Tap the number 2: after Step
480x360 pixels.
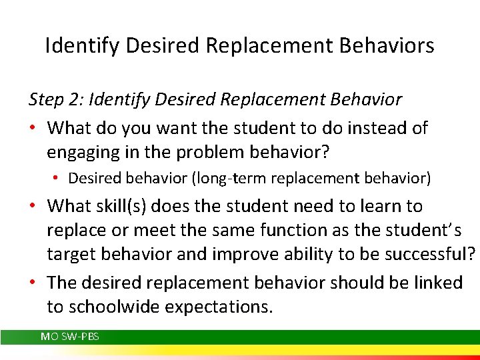point(77,100)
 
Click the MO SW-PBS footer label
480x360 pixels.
point(70,337)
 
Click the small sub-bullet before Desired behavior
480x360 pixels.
point(59,179)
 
